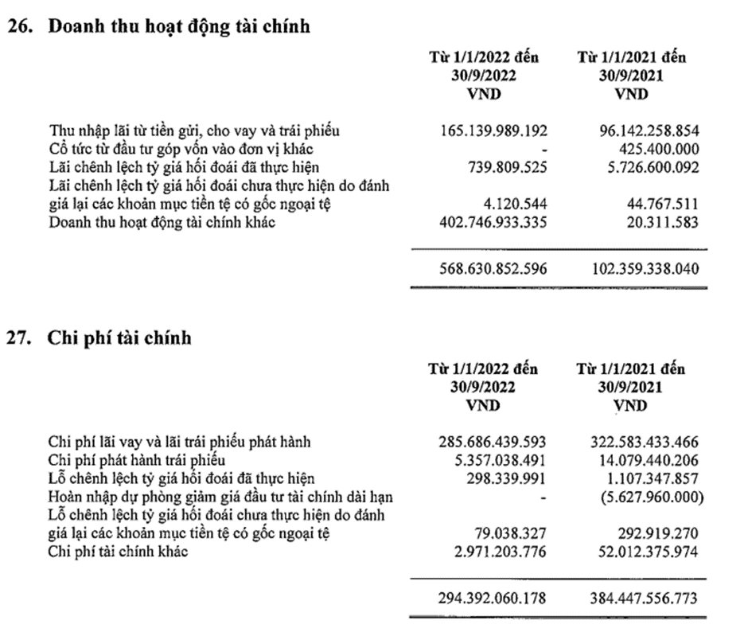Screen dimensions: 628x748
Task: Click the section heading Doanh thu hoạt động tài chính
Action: (179, 26)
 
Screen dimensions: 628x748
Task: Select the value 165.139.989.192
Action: (493, 130)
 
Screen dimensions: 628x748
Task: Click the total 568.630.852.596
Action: (493, 269)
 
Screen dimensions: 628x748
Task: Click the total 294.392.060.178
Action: (493, 598)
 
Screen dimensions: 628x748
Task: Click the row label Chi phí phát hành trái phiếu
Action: (138, 459)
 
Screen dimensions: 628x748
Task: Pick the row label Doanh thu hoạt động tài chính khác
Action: (162, 222)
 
